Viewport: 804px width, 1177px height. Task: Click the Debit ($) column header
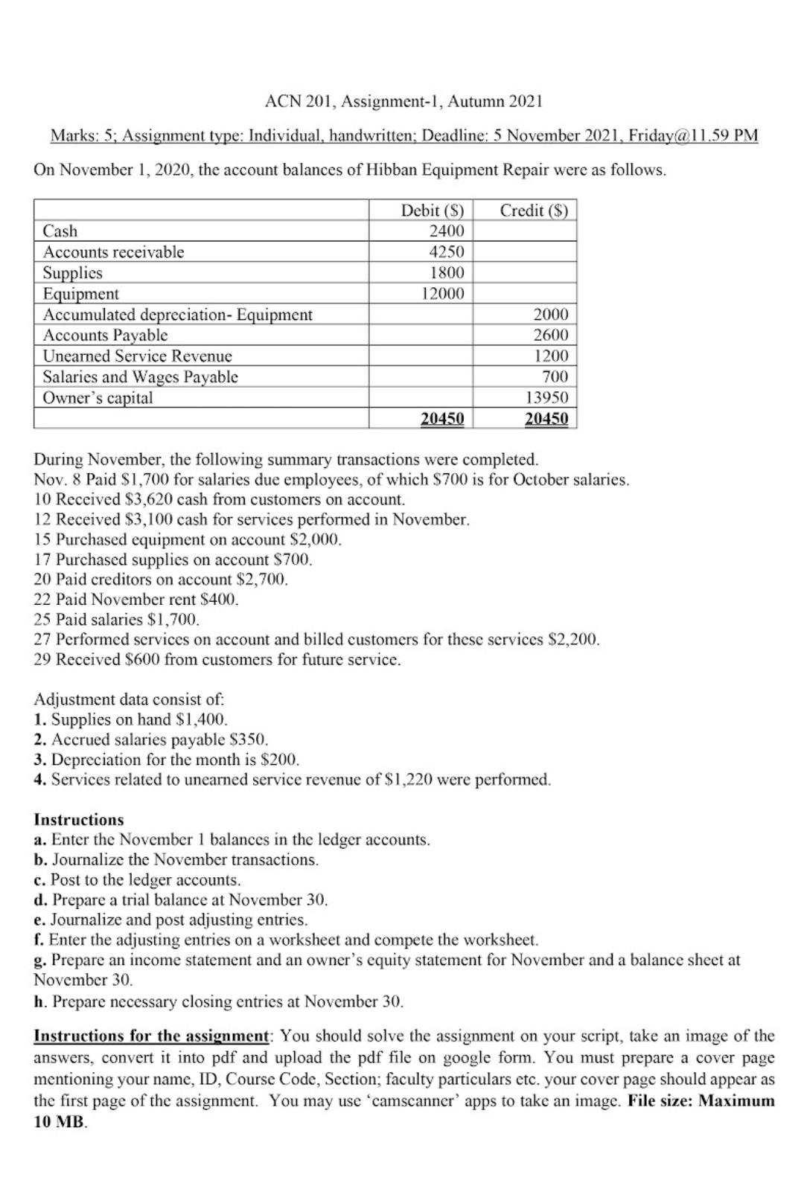(432, 211)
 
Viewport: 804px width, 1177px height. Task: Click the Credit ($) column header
(534, 211)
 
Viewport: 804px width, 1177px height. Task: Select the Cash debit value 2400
(447, 231)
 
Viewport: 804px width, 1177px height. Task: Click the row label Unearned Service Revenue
(137, 356)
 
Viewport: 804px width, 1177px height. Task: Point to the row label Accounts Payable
(105, 335)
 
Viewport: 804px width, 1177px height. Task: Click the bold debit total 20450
(442, 419)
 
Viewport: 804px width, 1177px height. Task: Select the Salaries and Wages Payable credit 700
(555, 376)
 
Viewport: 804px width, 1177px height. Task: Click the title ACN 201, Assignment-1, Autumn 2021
(403, 100)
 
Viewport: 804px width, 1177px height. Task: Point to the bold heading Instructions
(79, 820)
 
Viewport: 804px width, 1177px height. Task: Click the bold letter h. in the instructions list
(40, 1001)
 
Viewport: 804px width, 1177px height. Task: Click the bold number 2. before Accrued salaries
(40, 740)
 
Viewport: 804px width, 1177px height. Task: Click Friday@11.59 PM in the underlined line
(693, 136)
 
